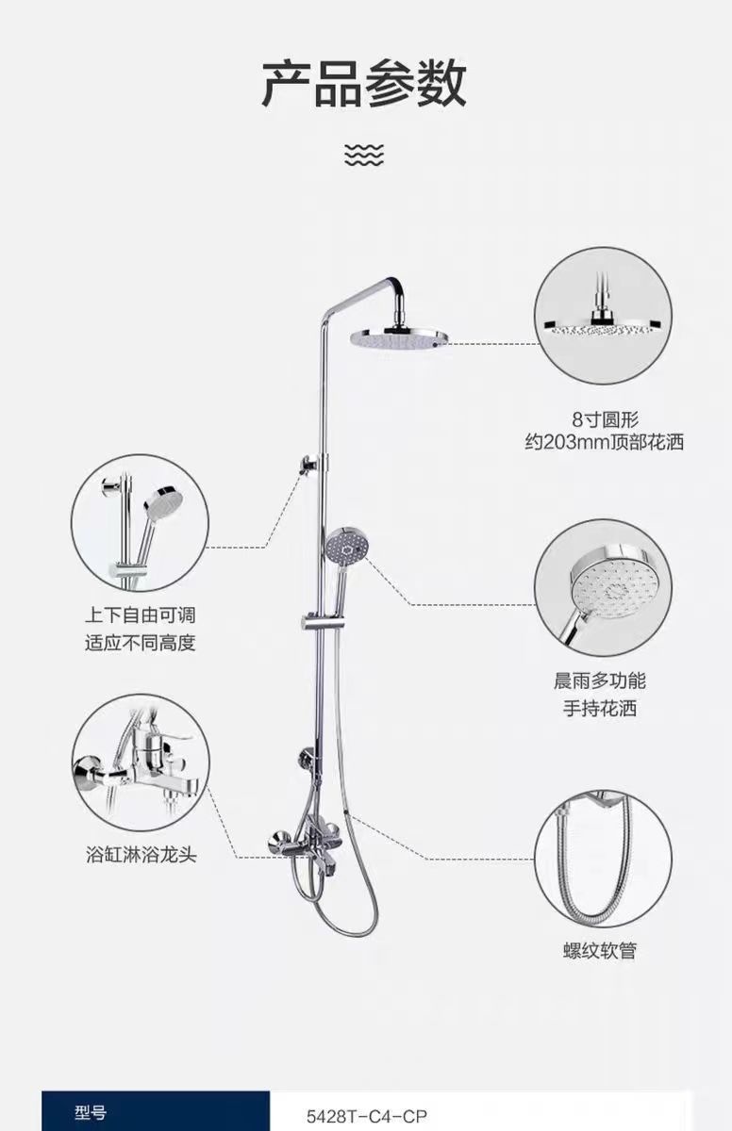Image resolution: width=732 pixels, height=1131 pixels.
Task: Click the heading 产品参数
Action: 364,84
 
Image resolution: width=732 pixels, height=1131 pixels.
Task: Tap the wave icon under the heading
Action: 364,154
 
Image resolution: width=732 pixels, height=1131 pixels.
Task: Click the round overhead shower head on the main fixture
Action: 397,338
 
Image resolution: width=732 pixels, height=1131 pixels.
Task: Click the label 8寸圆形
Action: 605,419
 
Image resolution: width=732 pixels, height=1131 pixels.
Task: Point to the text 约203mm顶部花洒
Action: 605,442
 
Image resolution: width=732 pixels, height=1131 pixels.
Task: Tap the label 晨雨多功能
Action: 600,681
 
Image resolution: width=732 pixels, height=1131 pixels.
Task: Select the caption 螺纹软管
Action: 600,950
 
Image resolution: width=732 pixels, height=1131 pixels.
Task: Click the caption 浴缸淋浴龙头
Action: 141,856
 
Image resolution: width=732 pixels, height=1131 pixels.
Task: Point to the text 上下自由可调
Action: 141,616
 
